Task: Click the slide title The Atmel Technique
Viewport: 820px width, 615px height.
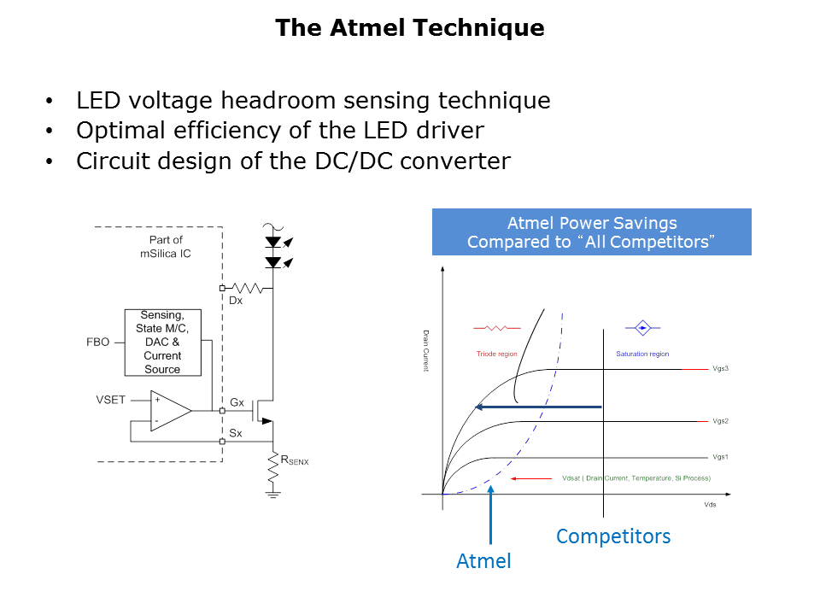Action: point(409,28)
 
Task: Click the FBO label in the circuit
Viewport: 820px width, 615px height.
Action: point(98,342)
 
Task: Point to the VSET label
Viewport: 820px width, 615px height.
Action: point(111,399)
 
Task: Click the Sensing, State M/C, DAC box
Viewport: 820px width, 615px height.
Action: point(162,342)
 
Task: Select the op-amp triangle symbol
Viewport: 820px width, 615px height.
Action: point(169,411)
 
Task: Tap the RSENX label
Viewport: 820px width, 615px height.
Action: point(295,460)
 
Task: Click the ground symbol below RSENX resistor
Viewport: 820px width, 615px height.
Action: point(273,493)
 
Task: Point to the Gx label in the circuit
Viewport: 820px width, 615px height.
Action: point(237,401)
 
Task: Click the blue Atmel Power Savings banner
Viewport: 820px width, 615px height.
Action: point(591,231)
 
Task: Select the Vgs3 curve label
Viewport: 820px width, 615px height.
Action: point(719,369)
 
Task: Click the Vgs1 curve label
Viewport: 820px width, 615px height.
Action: point(719,457)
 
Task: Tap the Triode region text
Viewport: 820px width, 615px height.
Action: point(496,354)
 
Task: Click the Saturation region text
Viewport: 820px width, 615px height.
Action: point(642,354)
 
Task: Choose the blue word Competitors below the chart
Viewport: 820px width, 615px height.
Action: point(613,536)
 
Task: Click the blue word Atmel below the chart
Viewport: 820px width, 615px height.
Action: point(483,561)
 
